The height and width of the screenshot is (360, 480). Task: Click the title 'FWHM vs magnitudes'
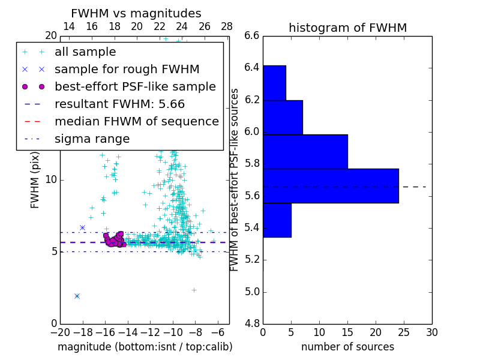[x=136, y=13]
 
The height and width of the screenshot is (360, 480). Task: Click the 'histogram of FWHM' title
[x=347, y=28]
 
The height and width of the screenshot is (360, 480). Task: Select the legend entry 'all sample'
[x=85, y=52]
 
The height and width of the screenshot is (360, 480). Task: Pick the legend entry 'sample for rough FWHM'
[x=127, y=69]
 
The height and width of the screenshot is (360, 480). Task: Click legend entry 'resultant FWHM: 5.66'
[x=119, y=104]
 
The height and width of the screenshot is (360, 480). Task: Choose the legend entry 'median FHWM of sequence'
[x=136, y=121]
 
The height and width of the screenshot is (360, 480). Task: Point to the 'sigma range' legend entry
[x=92, y=139]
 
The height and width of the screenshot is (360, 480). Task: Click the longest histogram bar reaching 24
[x=331, y=186]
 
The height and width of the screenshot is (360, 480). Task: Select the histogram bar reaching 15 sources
[x=305, y=151]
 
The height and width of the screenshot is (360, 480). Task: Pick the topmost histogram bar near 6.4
[x=274, y=82]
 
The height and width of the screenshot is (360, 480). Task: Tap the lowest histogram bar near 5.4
[x=277, y=220]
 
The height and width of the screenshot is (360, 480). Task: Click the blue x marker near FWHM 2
[x=77, y=296]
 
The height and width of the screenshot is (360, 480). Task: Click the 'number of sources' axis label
[x=347, y=347]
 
